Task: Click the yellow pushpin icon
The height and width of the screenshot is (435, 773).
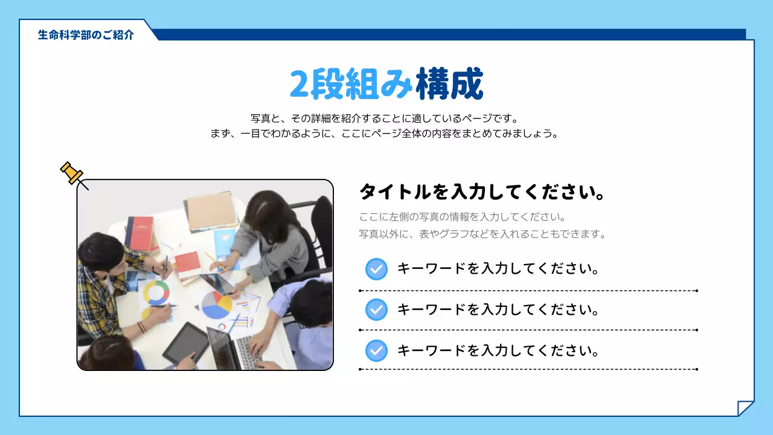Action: click(x=72, y=173)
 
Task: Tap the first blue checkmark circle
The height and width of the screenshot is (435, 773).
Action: click(x=376, y=269)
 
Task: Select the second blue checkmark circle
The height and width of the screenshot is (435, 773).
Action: click(x=376, y=310)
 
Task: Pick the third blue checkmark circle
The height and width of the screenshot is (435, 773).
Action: click(x=376, y=350)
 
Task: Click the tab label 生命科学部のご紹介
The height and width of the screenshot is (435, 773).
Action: click(x=86, y=35)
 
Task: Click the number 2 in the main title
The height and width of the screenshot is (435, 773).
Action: click(x=300, y=85)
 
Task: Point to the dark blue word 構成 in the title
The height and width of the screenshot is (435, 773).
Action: click(x=450, y=85)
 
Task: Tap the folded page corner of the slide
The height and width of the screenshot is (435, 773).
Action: click(x=746, y=408)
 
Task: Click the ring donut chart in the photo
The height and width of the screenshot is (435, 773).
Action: click(x=156, y=293)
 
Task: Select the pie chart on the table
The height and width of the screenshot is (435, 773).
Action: click(x=217, y=304)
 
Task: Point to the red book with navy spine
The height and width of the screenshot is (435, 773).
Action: click(x=140, y=233)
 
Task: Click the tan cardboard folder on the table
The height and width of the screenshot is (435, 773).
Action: click(x=210, y=211)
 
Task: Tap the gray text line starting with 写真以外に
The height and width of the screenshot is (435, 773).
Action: click(x=483, y=234)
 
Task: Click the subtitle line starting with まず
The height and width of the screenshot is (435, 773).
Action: click(x=384, y=134)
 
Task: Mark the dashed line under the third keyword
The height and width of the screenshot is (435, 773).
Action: click(x=528, y=369)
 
